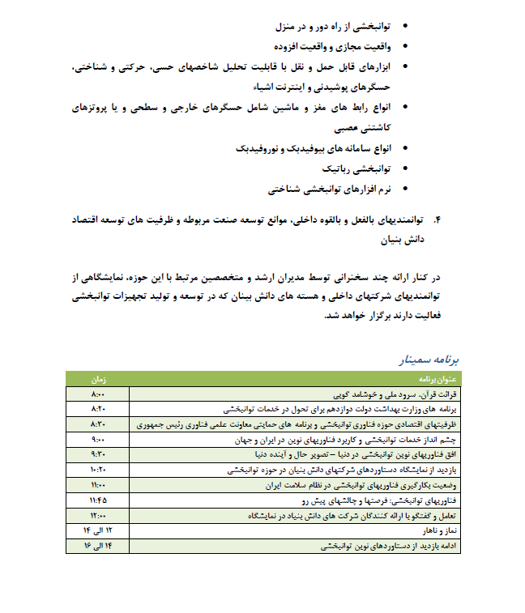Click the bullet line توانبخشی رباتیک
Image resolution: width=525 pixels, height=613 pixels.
(x=357, y=169)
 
